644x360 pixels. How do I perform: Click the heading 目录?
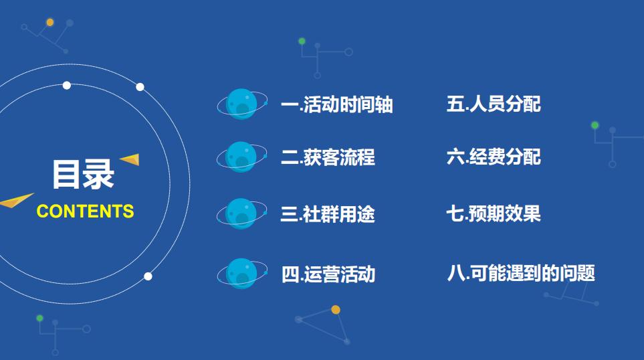pyautogui.click(x=84, y=174)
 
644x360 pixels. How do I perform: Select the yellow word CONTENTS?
pyautogui.click(x=85, y=211)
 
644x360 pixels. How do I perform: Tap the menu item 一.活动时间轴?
pyautogui.click(x=336, y=105)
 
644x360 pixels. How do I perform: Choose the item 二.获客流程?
pyautogui.click(x=328, y=157)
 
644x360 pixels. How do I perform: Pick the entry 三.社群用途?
pyautogui.click(x=328, y=214)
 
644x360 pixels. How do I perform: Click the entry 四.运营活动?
pyautogui.click(x=328, y=274)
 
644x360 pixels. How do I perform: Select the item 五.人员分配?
pyautogui.click(x=494, y=104)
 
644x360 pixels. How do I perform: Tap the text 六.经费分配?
pyautogui.click(x=494, y=157)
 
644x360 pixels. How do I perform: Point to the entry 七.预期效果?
pyautogui.click(x=494, y=213)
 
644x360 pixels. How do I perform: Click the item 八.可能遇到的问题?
pyautogui.click(x=521, y=273)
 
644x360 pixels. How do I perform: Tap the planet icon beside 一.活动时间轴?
pyautogui.click(x=241, y=104)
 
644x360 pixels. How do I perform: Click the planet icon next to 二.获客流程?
pyautogui.click(x=241, y=157)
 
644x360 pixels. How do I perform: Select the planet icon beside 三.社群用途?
pyautogui.click(x=241, y=213)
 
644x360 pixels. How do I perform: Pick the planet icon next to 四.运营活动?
pyautogui.click(x=241, y=274)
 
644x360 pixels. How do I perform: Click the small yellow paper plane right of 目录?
pyautogui.click(x=130, y=159)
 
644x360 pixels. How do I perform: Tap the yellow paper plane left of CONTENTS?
pyautogui.click(x=16, y=200)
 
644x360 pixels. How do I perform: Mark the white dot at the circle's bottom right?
pyautogui.click(x=148, y=276)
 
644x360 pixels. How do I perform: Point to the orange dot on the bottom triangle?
pyautogui.click(x=336, y=310)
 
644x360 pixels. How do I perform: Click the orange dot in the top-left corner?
pyautogui.click(x=50, y=22)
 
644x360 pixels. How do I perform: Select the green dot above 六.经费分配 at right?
pyautogui.click(x=595, y=125)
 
